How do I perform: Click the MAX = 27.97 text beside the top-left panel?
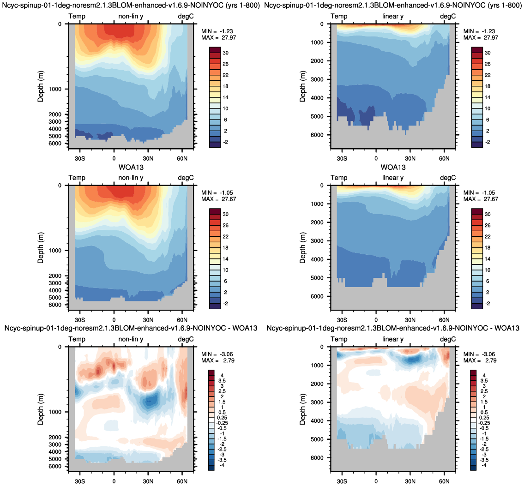coord(218,38)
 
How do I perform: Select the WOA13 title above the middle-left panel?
coord(131,167)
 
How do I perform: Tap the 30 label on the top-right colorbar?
coord(488,53)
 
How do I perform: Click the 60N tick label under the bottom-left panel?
coord(182,481)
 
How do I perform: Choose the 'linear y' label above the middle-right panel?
coord(393,178)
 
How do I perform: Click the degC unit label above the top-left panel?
coord(186,16)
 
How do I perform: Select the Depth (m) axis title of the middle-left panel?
coord(41,247)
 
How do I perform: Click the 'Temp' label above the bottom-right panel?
coord(339,339)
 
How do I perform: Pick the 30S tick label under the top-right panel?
coord(342,158)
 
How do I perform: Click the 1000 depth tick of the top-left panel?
coord(55,89)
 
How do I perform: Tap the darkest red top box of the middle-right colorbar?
coord(477,211)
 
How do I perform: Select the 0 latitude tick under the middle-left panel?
coord(114,320)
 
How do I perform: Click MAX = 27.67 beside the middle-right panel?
coord(481,199)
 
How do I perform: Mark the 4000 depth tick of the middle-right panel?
coord(317,259)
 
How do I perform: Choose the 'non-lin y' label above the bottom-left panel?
coord(131,339)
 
